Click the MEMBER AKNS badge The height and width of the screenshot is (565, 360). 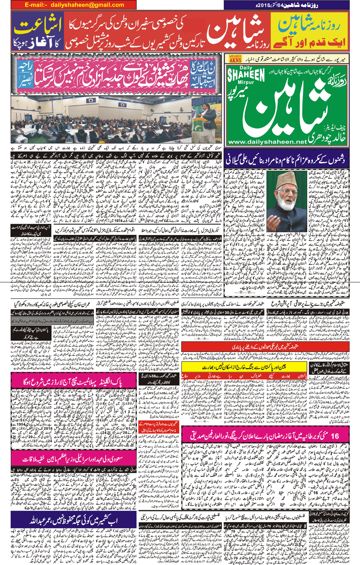(x=235, y=59)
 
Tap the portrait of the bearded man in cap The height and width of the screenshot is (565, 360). (x=287, y=196)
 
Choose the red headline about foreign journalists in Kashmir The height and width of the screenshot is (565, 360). (x=265, y=346)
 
